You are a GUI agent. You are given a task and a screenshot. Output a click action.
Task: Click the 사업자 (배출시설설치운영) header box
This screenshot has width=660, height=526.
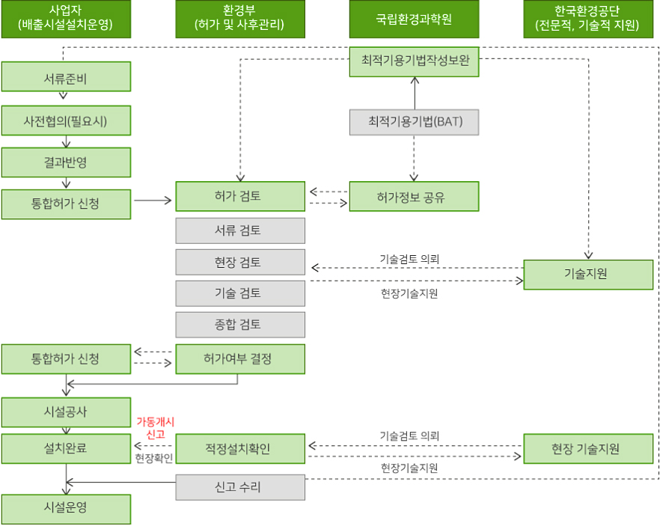click(x=66, y=19)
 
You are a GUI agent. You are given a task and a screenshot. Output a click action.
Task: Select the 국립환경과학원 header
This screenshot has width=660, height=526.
click(x=414, y=19)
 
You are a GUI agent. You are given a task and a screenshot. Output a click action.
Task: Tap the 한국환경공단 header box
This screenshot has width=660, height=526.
click(x=588, y=19)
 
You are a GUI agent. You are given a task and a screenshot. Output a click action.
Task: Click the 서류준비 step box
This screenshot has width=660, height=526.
click(x=66, y=76)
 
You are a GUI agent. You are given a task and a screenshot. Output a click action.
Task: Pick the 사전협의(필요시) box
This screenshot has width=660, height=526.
click(x=66, y=120)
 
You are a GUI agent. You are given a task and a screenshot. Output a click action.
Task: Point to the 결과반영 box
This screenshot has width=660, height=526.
click(x=66, y=162)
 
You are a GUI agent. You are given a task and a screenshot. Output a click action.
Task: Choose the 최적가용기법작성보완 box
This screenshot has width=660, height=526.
click(x=414, y=61)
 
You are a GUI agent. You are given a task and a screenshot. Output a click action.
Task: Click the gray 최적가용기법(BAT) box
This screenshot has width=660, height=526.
click(x=414, y=121)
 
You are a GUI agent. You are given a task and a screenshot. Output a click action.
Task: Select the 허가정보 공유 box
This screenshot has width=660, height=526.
click(x=414, y=197)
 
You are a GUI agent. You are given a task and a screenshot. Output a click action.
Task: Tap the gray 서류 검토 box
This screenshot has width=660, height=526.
click(x=240, y=230)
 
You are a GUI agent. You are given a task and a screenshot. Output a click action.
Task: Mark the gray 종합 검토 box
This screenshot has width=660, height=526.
click(x=240, y=325)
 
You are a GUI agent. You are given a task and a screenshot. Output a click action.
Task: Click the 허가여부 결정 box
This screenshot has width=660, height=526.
click(x=240, y=359)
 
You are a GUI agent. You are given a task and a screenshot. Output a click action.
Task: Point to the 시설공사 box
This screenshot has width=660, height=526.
click(x=66, y=412)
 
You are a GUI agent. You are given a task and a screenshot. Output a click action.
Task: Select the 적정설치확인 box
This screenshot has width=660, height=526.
click(x=240, y=449)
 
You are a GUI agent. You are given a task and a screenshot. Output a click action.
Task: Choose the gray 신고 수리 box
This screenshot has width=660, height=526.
click(x=240, y=487)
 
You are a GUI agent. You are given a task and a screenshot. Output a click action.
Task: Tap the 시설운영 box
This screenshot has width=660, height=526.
click(x=66, y=508)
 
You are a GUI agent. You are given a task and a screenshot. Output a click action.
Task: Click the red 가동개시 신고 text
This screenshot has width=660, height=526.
click(x=155, y=428)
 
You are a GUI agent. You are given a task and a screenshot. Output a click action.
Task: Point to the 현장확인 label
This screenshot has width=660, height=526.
click(x=153, y=457)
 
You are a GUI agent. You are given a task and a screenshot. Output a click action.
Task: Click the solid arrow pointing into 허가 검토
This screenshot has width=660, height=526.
click(x=153, y=200)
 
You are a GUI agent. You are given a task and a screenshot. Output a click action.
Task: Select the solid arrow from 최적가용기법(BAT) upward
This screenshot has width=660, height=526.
click(x=414, y=92)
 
